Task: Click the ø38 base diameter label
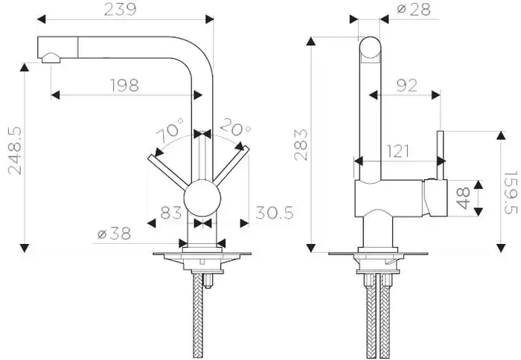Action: (x=114, y=234)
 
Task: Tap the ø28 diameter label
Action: (x=412, y=9)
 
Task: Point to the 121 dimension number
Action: (x=399, y=151)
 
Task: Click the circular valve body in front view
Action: (x=202, y=201)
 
